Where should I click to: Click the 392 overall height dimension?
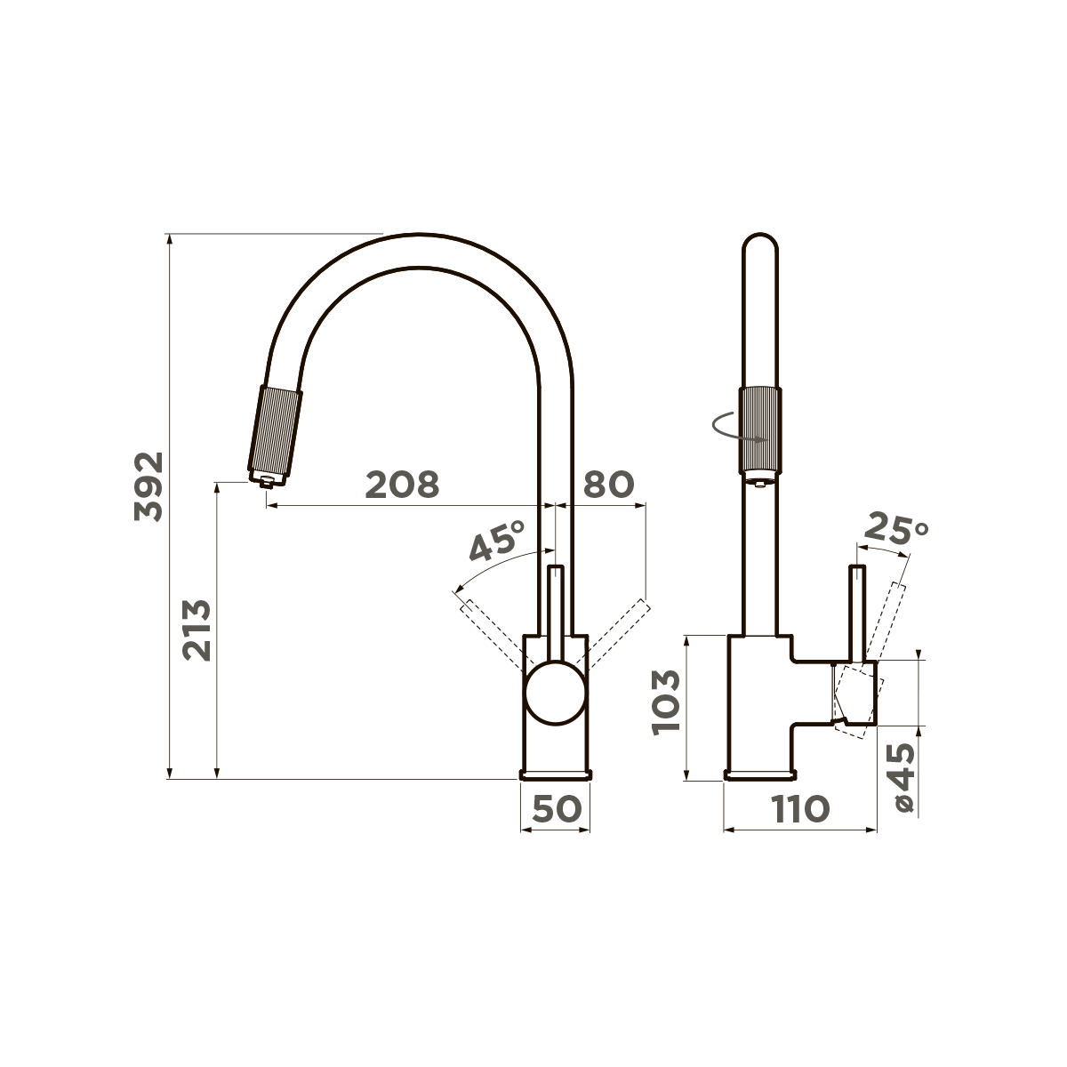tap(149, 486)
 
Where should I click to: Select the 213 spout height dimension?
tap(197, 630)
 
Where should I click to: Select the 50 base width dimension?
tap(557, 808)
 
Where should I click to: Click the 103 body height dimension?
tap(665, 702)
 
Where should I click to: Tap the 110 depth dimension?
tap(800, 808)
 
